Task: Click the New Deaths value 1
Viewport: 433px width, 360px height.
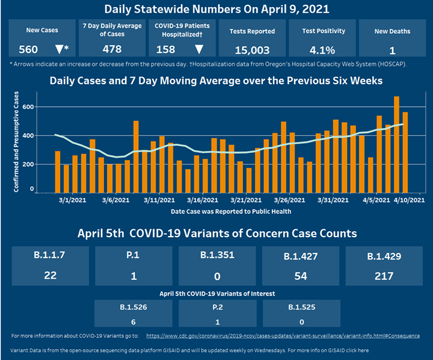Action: click(392, 50)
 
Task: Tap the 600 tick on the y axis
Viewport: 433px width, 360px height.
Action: click(27, 107)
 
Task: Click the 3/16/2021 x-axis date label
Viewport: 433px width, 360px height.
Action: click(201, 200)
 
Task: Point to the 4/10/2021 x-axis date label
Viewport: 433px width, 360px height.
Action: click(408, 200)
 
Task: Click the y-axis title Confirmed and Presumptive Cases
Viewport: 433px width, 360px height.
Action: click(16, 142)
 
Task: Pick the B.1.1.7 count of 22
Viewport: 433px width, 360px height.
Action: click(51, 276)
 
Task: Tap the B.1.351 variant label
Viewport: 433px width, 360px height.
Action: click(216, 255)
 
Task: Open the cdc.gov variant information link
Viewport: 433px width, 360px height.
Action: click(283, 335)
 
